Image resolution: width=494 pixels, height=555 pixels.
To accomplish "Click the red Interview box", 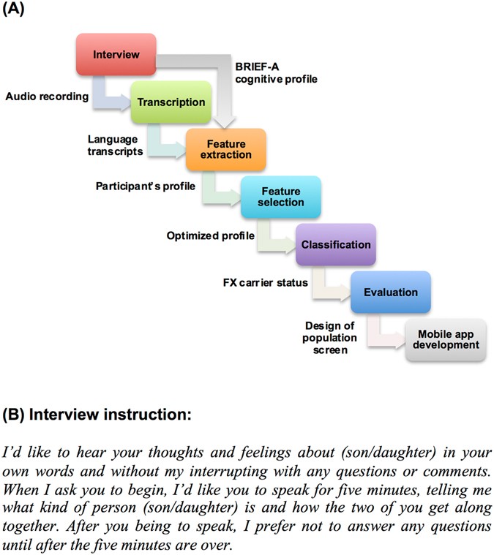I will [x=116, y=55].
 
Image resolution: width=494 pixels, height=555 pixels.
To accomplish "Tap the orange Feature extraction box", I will [x=225, y=149].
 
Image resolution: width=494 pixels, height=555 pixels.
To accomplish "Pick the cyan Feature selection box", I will [x=280, y=197].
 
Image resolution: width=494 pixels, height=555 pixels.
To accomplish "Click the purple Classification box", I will [x=336, y=244].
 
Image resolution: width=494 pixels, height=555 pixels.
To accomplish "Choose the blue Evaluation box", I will [x=390, y=292].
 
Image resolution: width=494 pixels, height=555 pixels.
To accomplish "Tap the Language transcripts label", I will [x=115, y=144].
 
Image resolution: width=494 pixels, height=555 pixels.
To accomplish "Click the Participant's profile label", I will [x=145, y=186].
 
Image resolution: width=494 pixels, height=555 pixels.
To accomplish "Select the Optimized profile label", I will [x=210, y=235].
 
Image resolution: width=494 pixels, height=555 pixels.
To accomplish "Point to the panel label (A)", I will [x=14, y=11].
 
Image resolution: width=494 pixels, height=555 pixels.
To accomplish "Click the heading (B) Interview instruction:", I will [x=97, y=415].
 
